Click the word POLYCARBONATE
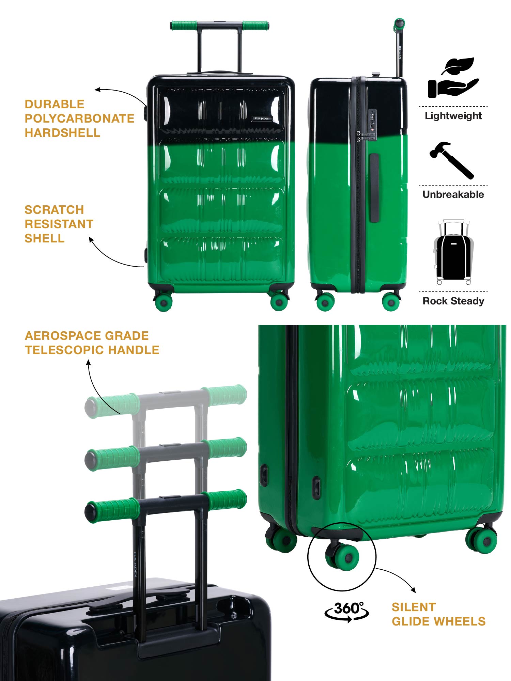point(79,118)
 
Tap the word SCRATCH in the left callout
point(54,210)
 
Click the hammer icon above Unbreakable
point(452,160)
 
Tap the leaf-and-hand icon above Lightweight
point(453,78)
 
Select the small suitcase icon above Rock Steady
point(453,252)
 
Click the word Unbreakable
point(453,194)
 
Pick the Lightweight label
point(453,116)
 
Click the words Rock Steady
point(453,301)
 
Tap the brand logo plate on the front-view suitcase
point(262,118)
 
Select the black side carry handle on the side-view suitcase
point(374,188)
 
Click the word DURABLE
point(54,104)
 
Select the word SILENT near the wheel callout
point(414,607)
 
